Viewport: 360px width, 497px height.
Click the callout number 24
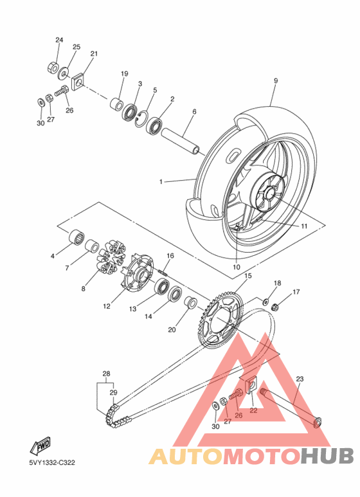(59, 40)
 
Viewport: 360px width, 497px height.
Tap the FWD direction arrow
(40, 446)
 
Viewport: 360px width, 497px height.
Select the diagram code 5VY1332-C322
(52, 463)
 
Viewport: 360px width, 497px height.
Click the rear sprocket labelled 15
(219, 320)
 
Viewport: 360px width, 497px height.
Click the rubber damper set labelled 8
(111, 257)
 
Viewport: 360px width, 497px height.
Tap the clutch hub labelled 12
(138, 272)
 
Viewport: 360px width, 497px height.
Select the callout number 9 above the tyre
(276, 81)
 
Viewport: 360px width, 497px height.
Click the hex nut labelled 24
(52, 68)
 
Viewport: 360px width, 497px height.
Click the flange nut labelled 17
(275, 307)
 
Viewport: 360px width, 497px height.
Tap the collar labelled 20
(190, 302)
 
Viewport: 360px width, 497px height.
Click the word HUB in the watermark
(327, 455)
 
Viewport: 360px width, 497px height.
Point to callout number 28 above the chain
(106, 374)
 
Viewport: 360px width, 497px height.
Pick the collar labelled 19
(116, 104)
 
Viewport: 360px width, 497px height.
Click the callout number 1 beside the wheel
(161, 181)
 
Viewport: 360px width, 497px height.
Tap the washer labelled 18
(265, 301)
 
